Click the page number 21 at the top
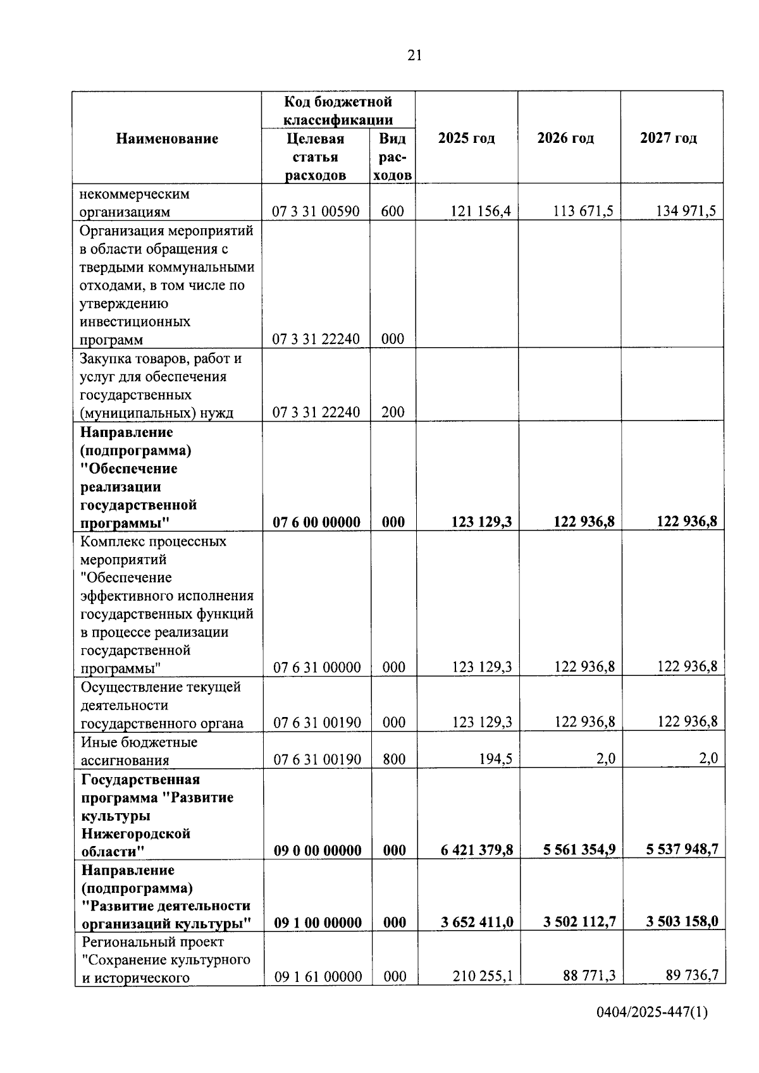(x=414, y=56)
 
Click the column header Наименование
(x=167, y=138)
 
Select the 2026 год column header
(x=565, y=138)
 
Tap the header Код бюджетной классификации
(x=338, y=111)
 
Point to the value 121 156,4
(x=480, y=211)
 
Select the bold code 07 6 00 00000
(x=316, y=522)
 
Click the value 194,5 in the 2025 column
(x=496, y=759)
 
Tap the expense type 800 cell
(x=394, y=759)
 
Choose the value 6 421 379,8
(x=477, y=850)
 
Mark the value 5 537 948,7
(x=682, y=849)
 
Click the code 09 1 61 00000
(x=318, y=977)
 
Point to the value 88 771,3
(x=589, y=976)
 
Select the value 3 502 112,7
(x=579, y=922)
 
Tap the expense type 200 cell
(x=393, y=412)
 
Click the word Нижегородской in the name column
(x=136, y=833)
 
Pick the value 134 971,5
(x=686, y=211)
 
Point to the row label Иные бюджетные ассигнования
(x=139, y=751)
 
